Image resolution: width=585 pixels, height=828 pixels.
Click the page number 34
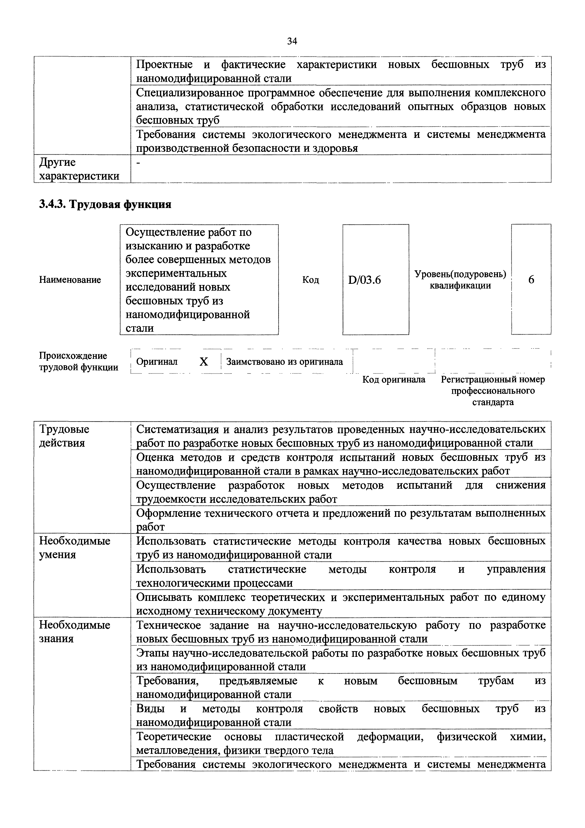coord(292,42)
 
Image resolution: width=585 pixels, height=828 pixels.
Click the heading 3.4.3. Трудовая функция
coord(105,204)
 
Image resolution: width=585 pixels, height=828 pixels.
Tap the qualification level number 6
coord(531,280)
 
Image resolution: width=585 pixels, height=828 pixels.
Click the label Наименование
coord(70,280)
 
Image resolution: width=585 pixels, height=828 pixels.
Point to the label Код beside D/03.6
coord(310,280)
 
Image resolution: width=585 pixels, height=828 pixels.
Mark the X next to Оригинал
coord(204,362)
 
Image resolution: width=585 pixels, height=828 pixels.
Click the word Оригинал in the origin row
coord(157,362)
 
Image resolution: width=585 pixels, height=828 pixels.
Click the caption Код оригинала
coord(394,379)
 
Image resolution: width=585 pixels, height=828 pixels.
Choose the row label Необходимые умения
coord(75,548)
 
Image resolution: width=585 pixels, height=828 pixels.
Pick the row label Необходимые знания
coord(75,632)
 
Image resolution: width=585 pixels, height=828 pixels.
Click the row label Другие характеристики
coord(79,169)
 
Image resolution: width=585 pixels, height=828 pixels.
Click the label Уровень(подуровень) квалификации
coord(460,280)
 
